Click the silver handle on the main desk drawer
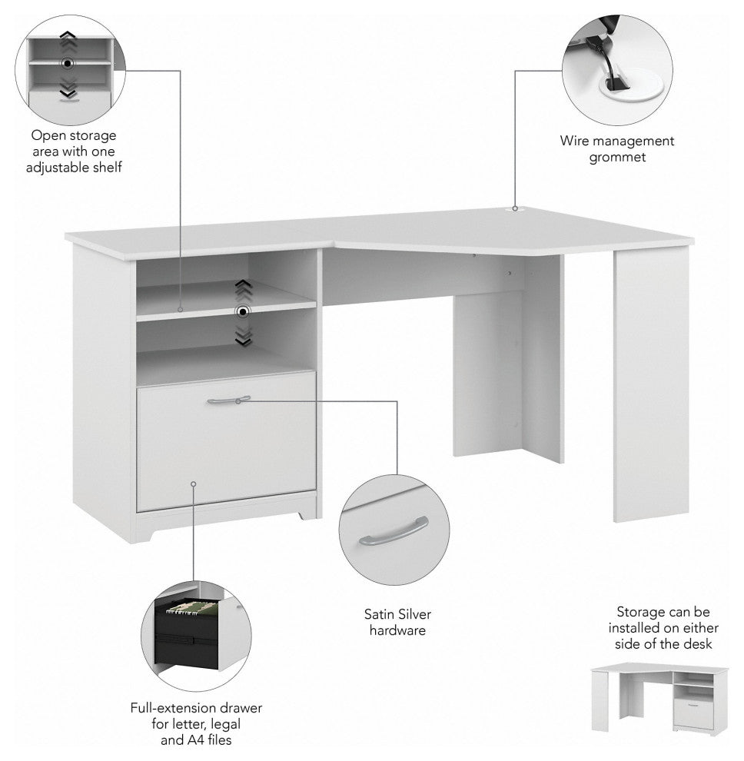[x=228, y=400]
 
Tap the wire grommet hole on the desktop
[x=514, y=209]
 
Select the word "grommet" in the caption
[x=617, y=158]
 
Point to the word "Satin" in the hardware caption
[x=379, y=614]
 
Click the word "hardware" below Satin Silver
[x=397, y=630]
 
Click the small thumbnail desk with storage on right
[x=659, y=697]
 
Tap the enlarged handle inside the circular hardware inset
[x=394, y=531]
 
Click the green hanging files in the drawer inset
[x=191, y=607]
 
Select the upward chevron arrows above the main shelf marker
[x=243, y=291]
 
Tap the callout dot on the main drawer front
[x=193, y=484]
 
